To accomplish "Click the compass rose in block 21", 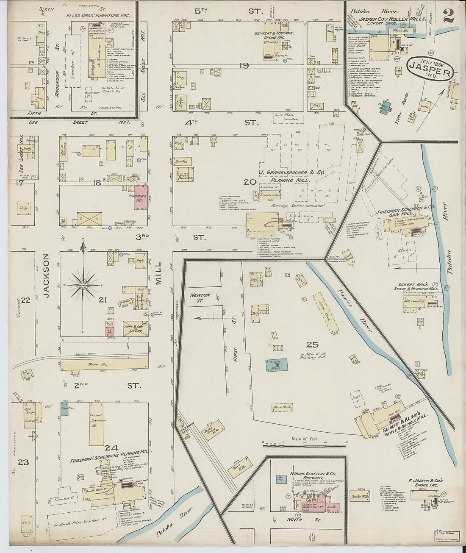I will [x=83, y=285].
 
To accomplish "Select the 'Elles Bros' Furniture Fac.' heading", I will [x=97, y=16].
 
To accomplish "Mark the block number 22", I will [x=25, y=300].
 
